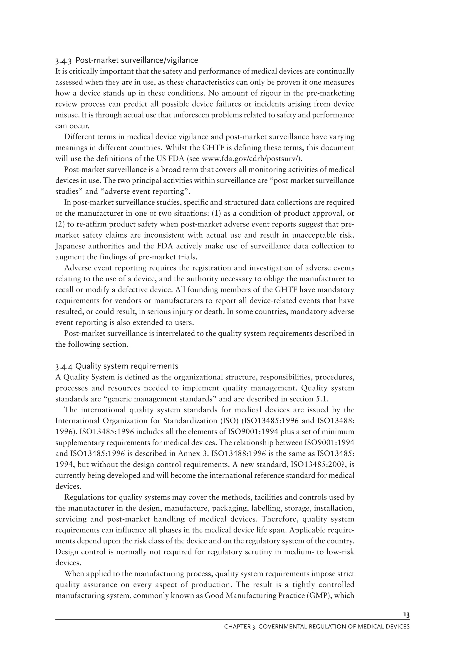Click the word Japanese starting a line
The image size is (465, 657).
(x=69, y=246)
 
